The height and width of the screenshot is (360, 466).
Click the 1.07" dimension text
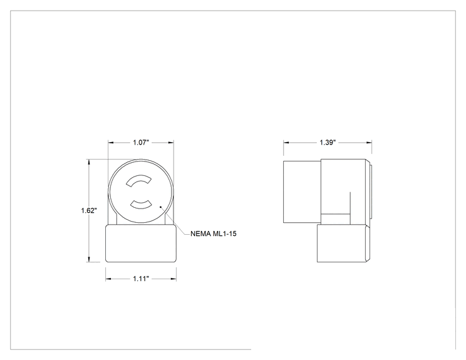140,143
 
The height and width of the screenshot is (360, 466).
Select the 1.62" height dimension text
89,210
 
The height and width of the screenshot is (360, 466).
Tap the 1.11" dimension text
141,279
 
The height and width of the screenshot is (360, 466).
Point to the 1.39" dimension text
328,143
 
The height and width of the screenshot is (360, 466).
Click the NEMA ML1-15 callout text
214,234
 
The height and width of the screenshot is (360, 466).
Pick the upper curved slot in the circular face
139,181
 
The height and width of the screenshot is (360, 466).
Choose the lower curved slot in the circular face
141,204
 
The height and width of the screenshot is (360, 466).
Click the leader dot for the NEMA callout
161,207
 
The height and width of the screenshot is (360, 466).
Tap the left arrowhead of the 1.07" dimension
111,143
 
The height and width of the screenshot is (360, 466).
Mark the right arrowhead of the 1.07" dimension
171,143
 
